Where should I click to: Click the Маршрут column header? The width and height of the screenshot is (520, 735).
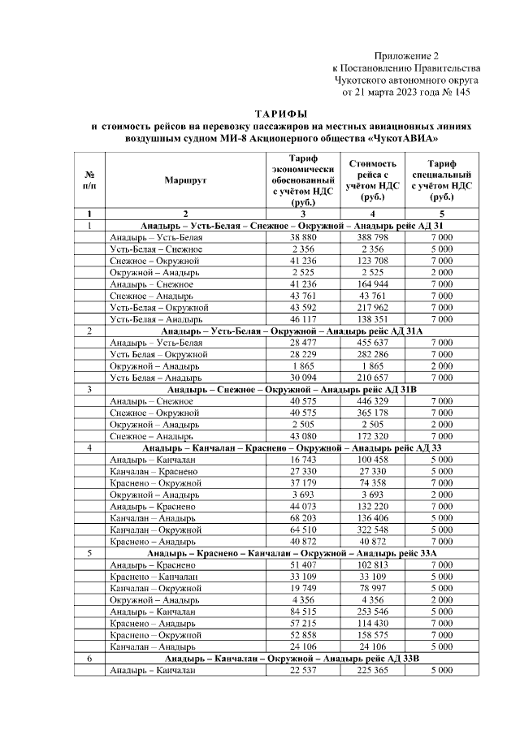coord(186,179)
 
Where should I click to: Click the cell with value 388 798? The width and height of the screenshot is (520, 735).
coord(372,236)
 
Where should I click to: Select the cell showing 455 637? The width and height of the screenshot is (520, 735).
coord(372,344)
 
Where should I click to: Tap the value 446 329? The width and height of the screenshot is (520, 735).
coord(372,401)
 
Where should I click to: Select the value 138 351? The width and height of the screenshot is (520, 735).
coord(372,319)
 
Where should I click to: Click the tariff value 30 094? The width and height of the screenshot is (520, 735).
coord(301,378)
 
